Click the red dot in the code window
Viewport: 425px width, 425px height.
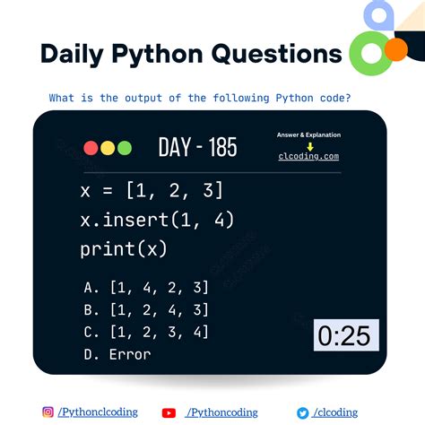tap(91, 148)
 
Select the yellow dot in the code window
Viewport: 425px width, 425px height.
tap(108, 148)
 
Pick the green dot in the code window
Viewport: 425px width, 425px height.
tap(124, 148)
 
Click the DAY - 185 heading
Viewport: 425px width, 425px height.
tap(197, 147)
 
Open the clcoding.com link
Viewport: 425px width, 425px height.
tap(309, 156)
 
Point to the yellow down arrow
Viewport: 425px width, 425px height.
tap(309, 145)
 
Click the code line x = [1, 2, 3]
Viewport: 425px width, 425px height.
tap(151, 190)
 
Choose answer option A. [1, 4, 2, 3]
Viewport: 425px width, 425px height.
tap(145, 287)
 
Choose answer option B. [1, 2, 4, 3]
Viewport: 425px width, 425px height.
tap(145, 309)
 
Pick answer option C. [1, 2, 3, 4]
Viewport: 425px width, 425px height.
tap(145, 332)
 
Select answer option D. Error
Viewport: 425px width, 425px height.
tap(117, 354)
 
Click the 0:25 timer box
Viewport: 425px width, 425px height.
tap(345, 335)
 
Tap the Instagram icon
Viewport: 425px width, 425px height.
tap(48, 412)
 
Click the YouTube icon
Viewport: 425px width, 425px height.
tap(169, 412)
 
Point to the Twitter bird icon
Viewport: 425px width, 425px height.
tap(304, 412)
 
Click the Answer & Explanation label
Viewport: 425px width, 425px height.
tap(309, 135)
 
